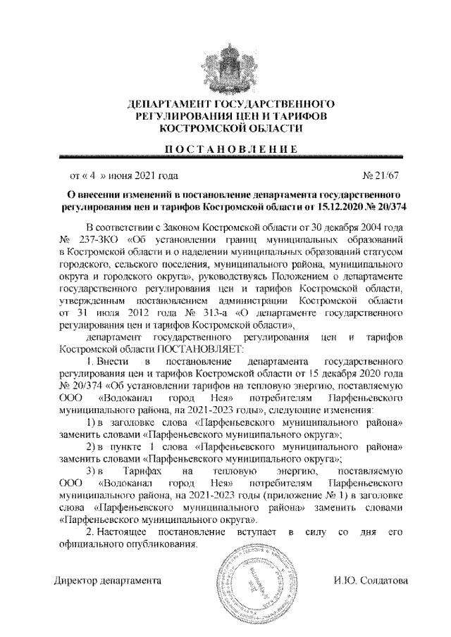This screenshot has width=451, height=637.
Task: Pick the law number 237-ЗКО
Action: [100, 240]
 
